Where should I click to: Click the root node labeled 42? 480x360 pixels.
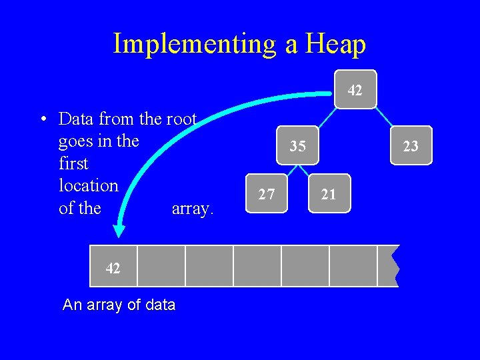355,89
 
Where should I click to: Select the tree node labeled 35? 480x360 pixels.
298,145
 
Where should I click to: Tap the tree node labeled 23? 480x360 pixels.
411,145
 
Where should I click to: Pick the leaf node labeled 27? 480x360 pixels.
267,194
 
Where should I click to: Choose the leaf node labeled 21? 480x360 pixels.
329,194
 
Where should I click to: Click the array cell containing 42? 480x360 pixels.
113,267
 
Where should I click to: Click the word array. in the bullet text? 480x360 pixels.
193,209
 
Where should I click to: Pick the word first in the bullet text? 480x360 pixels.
73,163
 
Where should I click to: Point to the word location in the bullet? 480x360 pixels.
88,185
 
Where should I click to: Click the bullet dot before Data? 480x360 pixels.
43,120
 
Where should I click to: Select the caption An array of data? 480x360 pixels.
119,305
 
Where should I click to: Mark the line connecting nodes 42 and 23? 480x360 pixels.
385,117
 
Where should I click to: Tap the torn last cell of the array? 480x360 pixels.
387,266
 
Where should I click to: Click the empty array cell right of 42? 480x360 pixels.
161,266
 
